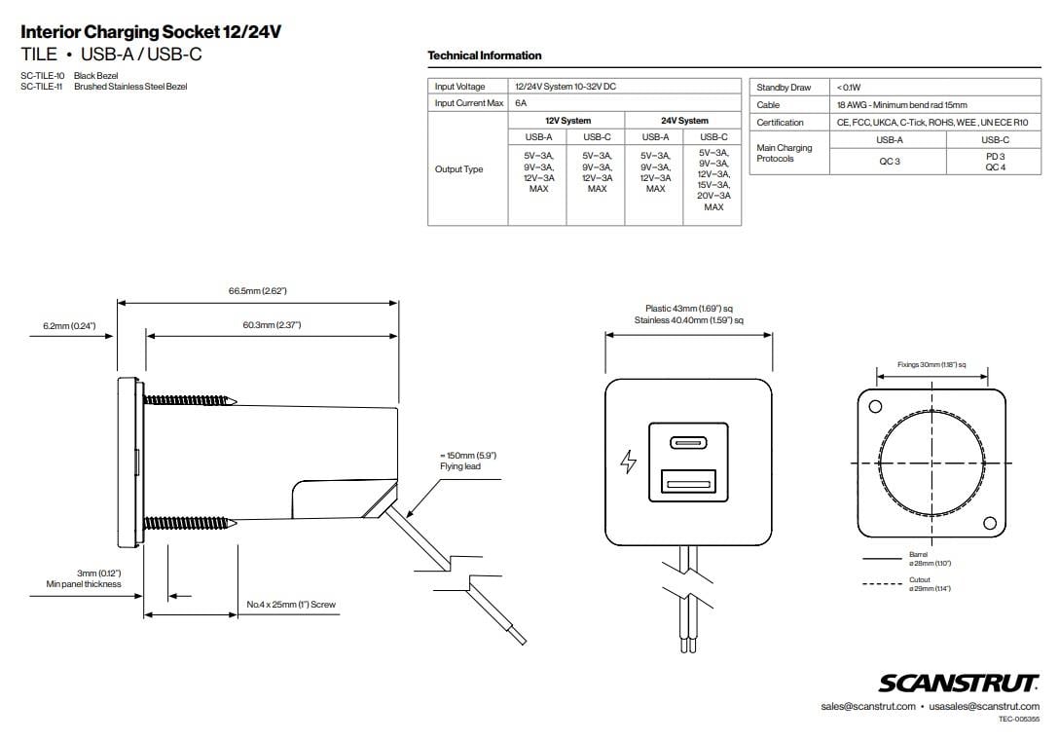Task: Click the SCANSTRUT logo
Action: [x=959, y=683]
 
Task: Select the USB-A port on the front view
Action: [x=689, y=480]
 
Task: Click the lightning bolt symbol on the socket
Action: [x=628, y=462]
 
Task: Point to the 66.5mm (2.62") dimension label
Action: [x=257, y=291]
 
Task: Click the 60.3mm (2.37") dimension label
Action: [x=272, y=324]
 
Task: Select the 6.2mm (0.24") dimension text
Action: [x=69, y=325]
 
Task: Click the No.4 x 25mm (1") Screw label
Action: [x=290, y=605]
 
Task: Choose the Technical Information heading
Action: [x=485, y=55]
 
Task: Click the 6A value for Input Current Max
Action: [x=521, y=103]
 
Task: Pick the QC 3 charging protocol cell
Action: [x=889, y=162]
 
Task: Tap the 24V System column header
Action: [x=684, y=121]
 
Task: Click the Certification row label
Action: [x=780, y=123]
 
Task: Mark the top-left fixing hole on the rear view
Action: [x=874, y=406]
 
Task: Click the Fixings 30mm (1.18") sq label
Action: [x=931, y=364]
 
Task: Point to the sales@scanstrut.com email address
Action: [x=867, y=706]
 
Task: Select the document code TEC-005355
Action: [x=1018, y=720]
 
